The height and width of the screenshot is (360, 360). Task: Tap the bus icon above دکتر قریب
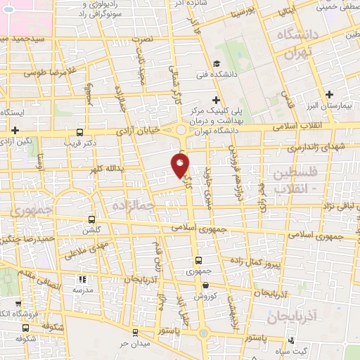pyautogui.click(x=79, y=132)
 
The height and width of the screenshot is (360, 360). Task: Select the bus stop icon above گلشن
pyautogui.click(x=91, y=219)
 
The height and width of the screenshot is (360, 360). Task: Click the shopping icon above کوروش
pyautogui.click(x=205, y=285)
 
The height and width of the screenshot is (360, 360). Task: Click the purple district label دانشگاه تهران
pyautogui.click(x=300, y=43)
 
